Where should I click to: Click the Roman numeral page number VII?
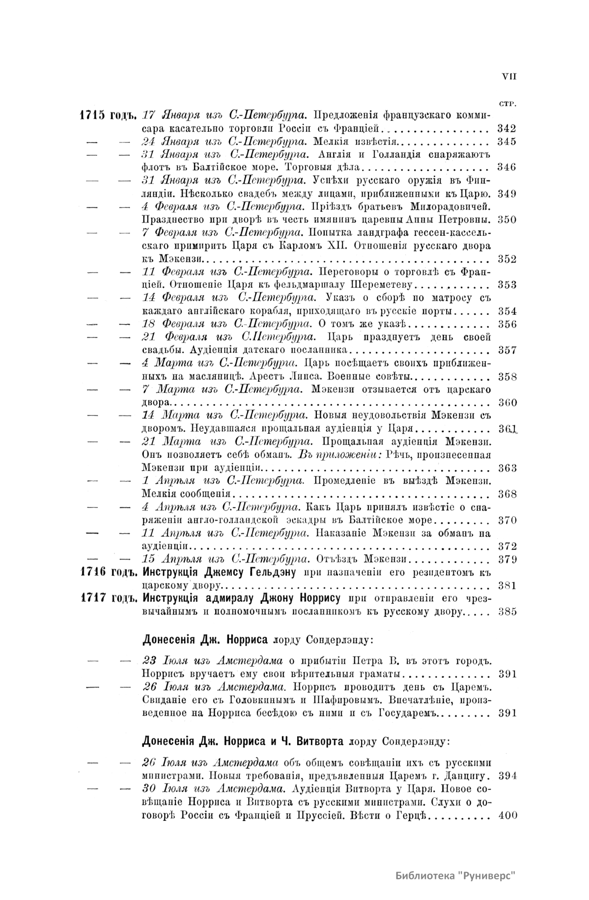509,77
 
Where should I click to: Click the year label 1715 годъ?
107,116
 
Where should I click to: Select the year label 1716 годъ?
107,573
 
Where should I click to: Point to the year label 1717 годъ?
107,599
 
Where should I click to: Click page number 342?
506,129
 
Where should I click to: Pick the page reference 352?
506,259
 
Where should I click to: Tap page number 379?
506,559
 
